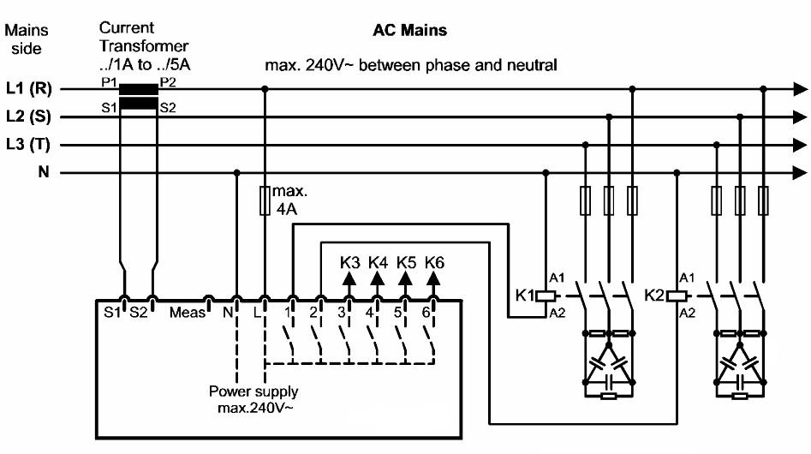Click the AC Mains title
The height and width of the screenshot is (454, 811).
click(408, 31)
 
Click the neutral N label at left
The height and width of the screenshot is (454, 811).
click(42, 173)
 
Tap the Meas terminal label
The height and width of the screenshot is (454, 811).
click(187, 313)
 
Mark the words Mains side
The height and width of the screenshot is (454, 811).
click(26, 39)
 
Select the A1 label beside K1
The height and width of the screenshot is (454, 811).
click(557, 278)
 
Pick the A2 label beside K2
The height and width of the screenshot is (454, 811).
click(687, 314)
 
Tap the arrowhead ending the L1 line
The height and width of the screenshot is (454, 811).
click(800, 88)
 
